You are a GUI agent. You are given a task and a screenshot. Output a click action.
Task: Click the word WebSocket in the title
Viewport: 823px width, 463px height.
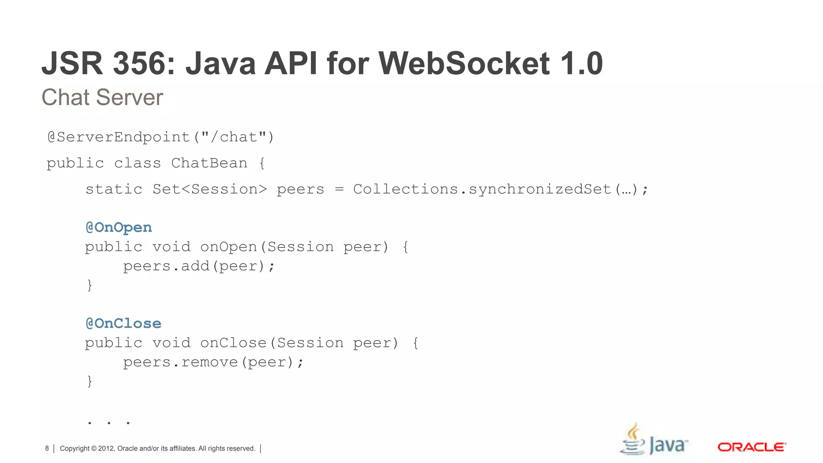tap(464, 64)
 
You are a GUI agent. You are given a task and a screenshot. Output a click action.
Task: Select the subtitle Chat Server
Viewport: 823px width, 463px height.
tap(102, 97)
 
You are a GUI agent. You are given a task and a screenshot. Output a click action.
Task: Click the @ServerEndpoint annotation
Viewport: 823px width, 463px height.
tap(119, 137)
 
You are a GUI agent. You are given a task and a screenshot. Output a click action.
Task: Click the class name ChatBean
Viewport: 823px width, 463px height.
tap(209, 163)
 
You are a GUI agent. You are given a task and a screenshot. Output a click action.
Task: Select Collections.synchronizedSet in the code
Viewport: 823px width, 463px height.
tap(482, 189)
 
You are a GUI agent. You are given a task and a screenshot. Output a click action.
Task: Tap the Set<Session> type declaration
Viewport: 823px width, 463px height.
tap(209, 189)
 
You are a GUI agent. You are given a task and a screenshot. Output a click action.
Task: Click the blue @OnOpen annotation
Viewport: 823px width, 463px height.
tap(119, 227)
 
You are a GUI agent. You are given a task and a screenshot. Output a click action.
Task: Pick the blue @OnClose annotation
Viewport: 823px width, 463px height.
tap(123, 324)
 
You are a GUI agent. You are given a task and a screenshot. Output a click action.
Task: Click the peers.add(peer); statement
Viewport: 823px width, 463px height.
tap(199, 266)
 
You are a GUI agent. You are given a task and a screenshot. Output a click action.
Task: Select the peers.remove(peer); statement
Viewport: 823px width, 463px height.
tap(213, 362)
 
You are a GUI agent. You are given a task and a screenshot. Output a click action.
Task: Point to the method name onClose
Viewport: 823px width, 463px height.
tap(233, 343)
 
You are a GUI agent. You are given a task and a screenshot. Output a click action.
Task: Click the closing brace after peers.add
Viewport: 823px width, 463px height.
tap(90, 285)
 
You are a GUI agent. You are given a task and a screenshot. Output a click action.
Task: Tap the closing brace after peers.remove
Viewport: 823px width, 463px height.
tap(90, 381)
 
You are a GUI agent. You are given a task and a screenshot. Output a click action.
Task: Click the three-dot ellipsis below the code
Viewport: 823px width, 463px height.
tap(109, 422)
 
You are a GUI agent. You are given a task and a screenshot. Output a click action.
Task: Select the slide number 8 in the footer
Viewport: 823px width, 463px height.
tap(47, 449)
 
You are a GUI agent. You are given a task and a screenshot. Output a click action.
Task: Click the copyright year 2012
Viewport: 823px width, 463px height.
tap(106, 449)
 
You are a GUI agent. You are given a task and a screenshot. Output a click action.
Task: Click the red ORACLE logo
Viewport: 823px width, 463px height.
tap(751, 447)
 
